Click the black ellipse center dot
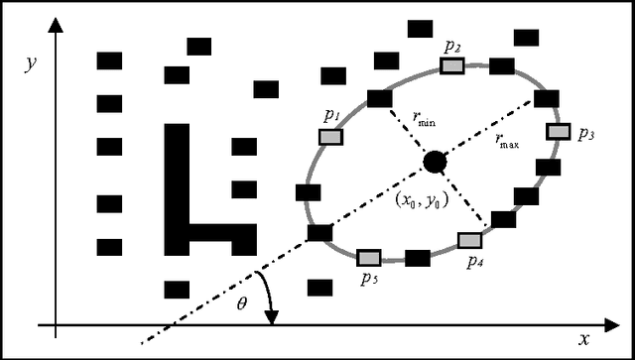(x=434, y=161)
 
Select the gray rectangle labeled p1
(x=330, y=137)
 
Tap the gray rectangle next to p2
(x=453, y=65)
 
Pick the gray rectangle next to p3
(x=559, y=131)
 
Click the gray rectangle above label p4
(x=469, y=240)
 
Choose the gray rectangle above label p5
(x=369, y=258)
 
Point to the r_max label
(x=508, y=141)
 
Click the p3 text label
(x=585, y=135)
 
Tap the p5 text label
(x=370, y=281)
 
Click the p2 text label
(x=452, y=46)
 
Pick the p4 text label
(x=476, y=262)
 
